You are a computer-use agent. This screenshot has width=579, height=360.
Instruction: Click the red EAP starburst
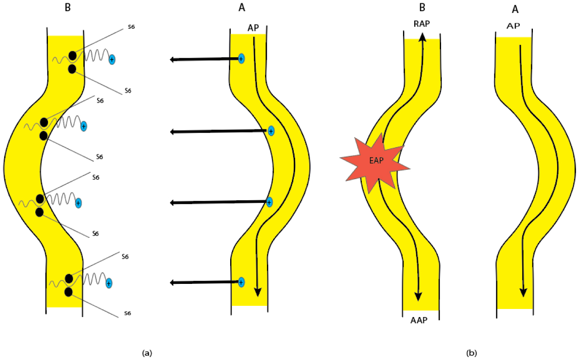[375, 162]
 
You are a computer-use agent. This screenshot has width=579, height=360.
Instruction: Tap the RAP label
[422, 24]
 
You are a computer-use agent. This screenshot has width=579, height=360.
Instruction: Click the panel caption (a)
[147, 353]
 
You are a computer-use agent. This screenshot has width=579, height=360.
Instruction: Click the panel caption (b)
[471, 353]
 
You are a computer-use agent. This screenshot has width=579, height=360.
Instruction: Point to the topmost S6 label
[131, 27]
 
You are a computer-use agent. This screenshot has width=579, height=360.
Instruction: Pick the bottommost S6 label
[128, 313]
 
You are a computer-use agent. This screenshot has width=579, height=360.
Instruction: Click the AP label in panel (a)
[253, 28]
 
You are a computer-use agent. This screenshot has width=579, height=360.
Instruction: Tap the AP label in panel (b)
[513, 26]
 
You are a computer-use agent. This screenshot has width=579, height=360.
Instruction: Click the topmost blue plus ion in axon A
[241, 58]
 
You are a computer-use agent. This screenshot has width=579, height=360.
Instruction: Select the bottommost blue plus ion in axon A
[241, 282]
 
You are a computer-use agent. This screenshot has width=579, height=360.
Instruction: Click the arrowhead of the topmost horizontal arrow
[173, 60]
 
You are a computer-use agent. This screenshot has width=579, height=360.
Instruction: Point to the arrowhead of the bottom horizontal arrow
[173, 283]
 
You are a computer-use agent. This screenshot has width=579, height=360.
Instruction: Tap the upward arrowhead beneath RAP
[422, 37]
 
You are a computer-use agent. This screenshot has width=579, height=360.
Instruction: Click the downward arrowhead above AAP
[418, 296]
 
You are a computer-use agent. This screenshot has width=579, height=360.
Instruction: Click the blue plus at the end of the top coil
[112, 59]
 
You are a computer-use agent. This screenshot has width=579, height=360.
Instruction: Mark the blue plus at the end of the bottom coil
[108, 283]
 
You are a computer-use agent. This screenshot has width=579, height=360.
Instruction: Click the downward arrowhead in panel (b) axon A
[523, 292]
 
